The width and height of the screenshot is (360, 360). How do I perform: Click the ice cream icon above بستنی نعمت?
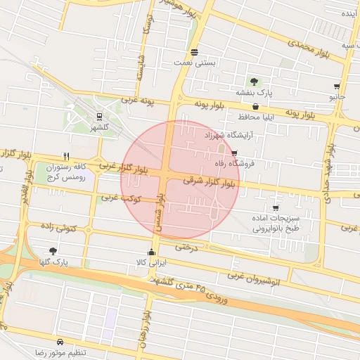[194, 52]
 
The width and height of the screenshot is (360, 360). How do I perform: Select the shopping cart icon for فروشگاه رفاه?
[234, 153]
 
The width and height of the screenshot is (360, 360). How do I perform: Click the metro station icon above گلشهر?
[99, 117]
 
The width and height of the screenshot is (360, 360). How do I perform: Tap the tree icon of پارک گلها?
[53, 251]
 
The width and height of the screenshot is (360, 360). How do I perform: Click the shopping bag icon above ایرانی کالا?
[152, 252]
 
